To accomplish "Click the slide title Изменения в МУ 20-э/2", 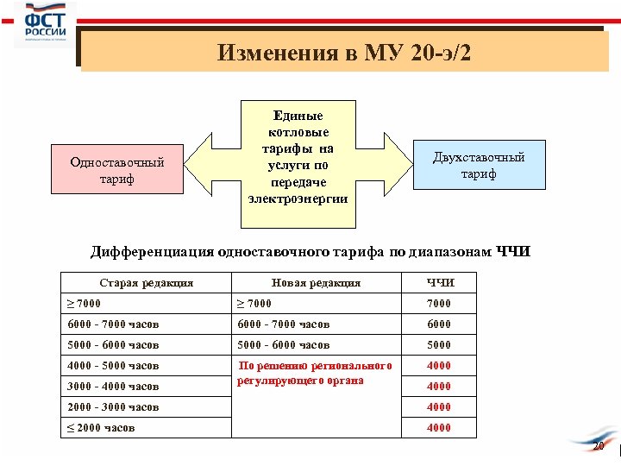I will pos(344,53).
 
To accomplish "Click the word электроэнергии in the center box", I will pos(298,199).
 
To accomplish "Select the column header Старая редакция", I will pos(147,282).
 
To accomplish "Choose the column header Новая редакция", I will pos(316,282).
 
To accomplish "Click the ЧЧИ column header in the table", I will pos(440,282).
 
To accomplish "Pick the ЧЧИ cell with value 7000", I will pos(440,303).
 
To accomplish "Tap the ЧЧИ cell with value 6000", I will pos(440,324).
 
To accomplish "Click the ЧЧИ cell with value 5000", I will pos(440,344).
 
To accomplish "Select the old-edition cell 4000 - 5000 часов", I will pos(114,366).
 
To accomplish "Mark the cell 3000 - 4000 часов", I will pos(114,387).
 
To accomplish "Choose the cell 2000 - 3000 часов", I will pos(114,406).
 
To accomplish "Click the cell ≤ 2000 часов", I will pos(102,428).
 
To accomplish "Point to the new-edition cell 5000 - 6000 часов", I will pos(285,344).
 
